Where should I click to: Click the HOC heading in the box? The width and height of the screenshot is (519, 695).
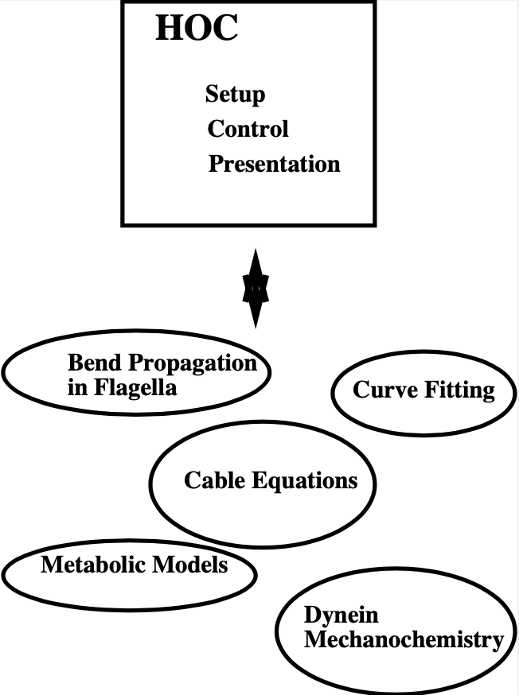[x=197, y=29]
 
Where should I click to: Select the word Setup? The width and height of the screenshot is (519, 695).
[x=235, y=94]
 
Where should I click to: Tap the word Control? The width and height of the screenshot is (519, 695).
[x=248, y=128]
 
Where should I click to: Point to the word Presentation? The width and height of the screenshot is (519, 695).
[x=274, y=164]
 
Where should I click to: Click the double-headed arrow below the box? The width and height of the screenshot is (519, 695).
[x=256, y=288]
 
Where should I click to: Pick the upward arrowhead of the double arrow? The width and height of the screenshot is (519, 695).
[x=256, y=263]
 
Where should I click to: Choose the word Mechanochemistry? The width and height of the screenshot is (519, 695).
[x=403, y=639]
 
